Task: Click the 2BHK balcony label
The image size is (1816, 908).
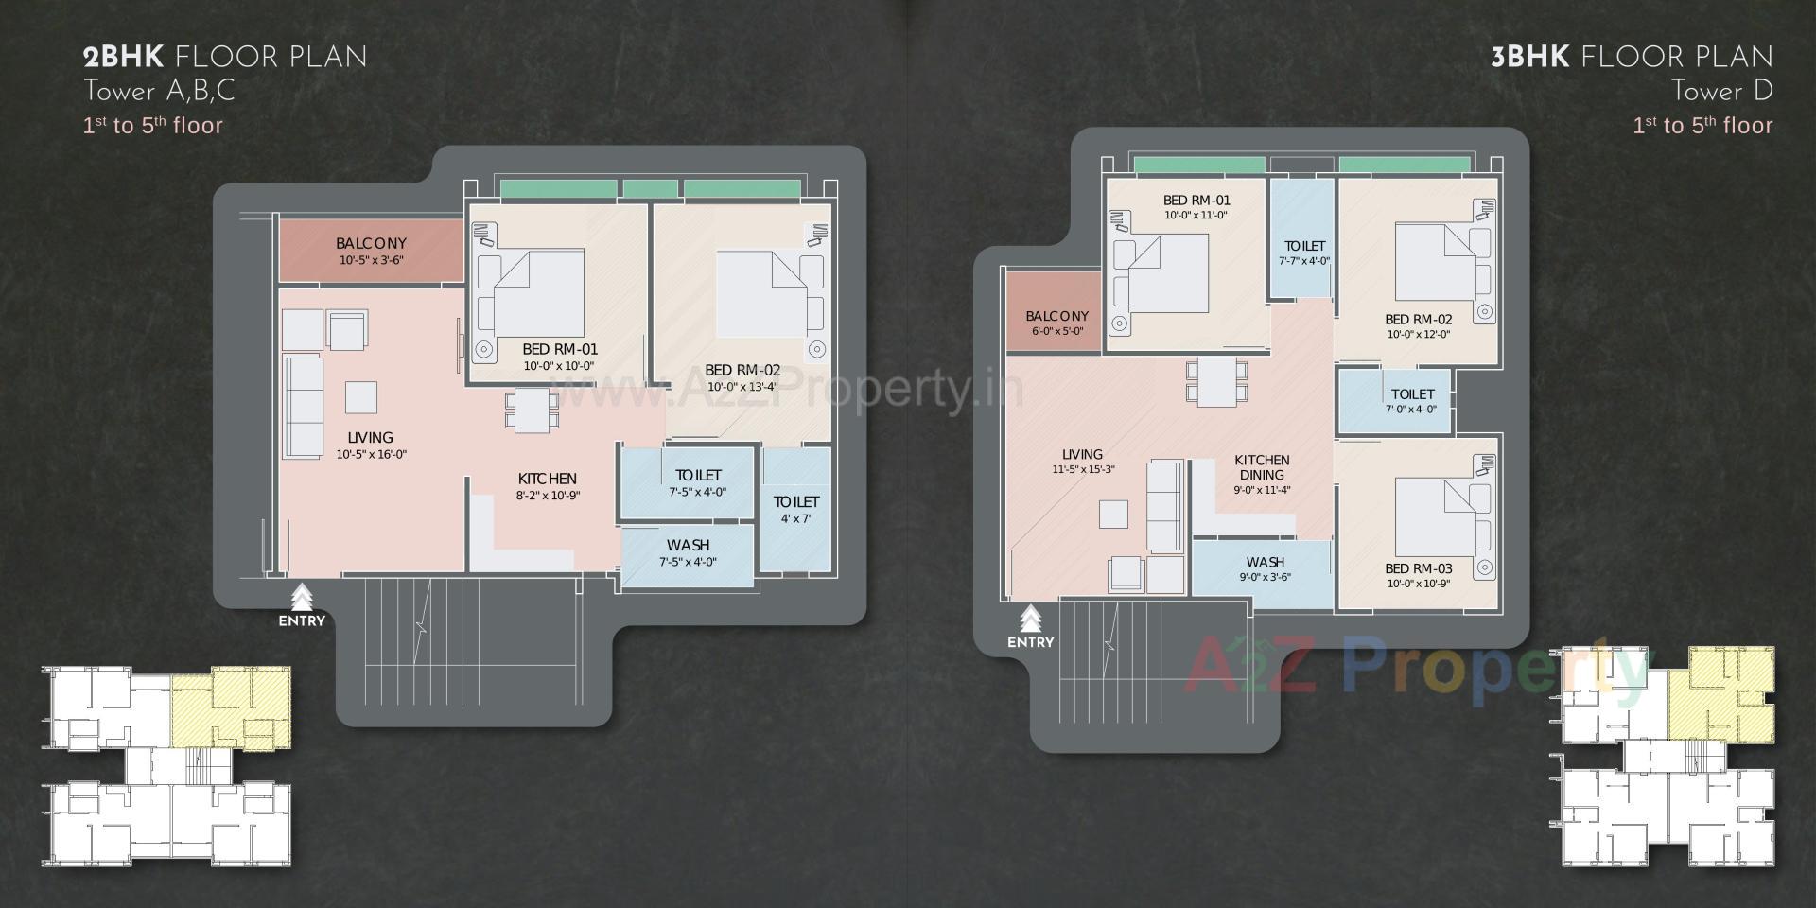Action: pyautogui.click(x=371, y=244)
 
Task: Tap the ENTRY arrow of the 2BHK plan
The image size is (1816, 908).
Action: pyautogui.click(x=302, y=599)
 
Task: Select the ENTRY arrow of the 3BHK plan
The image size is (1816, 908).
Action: pyautogui.click(x=1030, y=620)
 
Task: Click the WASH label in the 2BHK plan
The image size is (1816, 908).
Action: pyautogui.click(x=688, y=546)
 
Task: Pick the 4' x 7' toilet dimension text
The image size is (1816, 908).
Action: pyautogui.click(x=795, y=519)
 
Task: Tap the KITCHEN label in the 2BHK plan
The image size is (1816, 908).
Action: pyautogui.click(x=547, y=479)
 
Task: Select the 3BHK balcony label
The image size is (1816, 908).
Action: pyautogui.click(x=1056, y=316)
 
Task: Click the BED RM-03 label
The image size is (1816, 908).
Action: pyautogui.click(x=1418, y=568)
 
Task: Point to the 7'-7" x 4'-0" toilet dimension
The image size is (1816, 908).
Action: pyautogui.click(x=1304, y=262)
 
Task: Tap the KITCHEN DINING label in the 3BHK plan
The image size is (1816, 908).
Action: pyautogui.click(x=1262, y=467)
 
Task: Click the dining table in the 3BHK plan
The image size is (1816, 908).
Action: pyautogui.click(x=1216, y=381)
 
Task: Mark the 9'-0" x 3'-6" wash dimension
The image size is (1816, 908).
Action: pyautogui.click(x=1265, y=578)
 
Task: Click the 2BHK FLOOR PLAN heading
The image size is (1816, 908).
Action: pyautogui.click(x=225, y=58)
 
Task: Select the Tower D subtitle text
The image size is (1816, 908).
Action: pyautogui.click(x=1720, y=92)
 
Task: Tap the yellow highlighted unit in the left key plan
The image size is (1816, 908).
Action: pyautogui.click(x=230, y=707)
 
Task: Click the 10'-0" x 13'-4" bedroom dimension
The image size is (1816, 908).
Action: pyautogui.click(x=742, y=387)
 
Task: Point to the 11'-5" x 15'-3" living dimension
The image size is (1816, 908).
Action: pyautogui.click(x=1083, y=470)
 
